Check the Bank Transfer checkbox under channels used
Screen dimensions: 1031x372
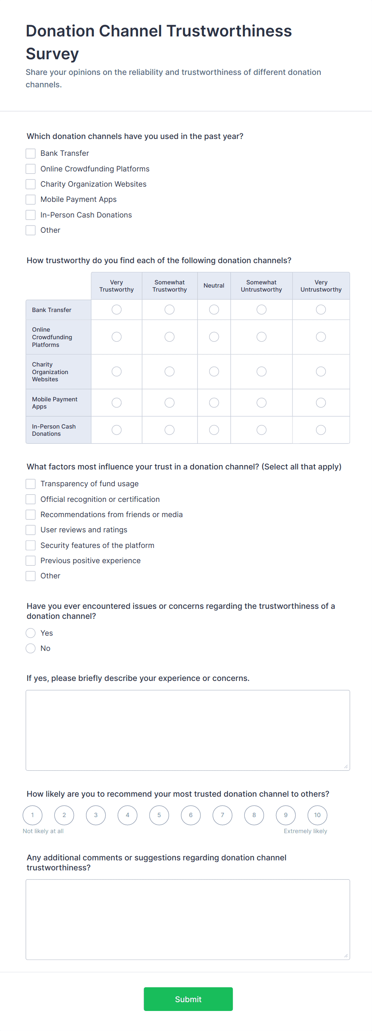coord(31,153)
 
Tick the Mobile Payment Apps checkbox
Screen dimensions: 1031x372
coord(31,199)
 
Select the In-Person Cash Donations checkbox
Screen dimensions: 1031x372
coord(31,215)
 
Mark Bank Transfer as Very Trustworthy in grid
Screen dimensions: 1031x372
coord(116,310)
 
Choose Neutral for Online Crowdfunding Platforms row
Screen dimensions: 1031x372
coord(214,337)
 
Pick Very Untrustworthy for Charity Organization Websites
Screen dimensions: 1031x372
coord(321,372)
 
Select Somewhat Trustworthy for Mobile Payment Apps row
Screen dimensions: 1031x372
coord(170,403)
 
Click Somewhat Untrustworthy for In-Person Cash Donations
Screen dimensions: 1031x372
coord(262,430)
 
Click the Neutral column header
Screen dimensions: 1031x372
coord(214,286)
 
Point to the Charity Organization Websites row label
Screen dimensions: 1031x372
coord(50,372)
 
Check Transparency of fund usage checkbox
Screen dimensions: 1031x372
coord(31,484)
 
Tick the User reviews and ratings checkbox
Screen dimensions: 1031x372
coord(31,530)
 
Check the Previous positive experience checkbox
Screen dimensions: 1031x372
coord(31,561)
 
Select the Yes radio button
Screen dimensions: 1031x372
coord(31,633)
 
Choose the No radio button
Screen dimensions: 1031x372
coord(31,648)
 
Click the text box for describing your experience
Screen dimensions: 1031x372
coord(188,730)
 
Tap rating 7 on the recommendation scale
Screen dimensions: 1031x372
coord(222,815)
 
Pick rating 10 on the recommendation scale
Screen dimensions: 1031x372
coord(317,815)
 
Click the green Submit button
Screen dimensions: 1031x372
coord(188,999)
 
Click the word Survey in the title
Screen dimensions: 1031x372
coord(52,54)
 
